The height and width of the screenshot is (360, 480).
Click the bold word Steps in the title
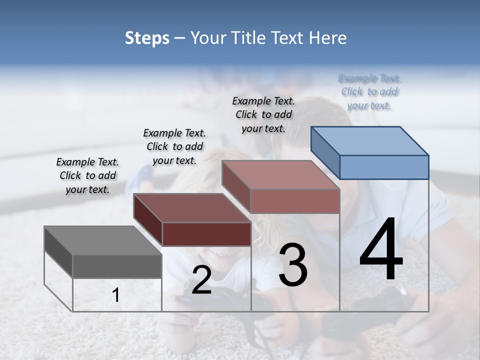point(147,38)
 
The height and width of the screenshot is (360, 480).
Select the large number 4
point(381,250)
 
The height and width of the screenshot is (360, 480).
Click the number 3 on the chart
point(292,265)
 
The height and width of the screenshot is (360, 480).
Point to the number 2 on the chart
point(201,280)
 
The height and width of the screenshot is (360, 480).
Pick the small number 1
point(115,295)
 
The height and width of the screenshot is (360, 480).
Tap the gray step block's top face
point(103,240)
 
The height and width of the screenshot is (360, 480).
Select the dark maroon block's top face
point(192,207)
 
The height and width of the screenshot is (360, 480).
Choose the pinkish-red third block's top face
point(281,175)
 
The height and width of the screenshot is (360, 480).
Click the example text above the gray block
point(87,175)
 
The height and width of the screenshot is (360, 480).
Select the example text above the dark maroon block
point(174,146)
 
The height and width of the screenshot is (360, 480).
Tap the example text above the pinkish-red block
point(263,114)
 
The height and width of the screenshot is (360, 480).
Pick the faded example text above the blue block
point(369,91)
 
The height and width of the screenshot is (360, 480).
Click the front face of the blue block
point(384,167)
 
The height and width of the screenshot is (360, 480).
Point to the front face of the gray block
point(117,266)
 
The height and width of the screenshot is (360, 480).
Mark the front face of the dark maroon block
point(206,234)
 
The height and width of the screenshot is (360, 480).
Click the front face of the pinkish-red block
point(295,201)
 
